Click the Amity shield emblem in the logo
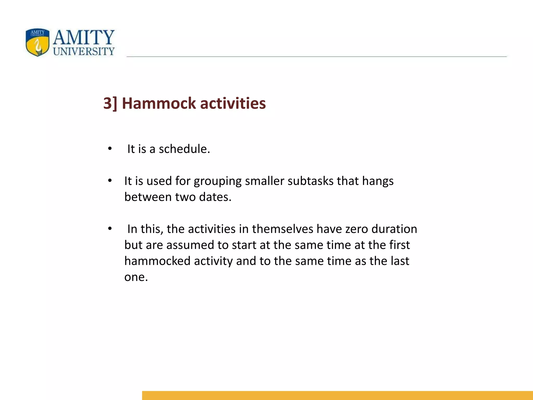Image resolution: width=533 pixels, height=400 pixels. coord(37,42)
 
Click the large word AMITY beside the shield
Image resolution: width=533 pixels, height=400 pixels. coord(84,37)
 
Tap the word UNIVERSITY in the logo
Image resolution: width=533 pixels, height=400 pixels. coord(84,51)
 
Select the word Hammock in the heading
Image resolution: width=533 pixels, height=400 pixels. coord(158,103)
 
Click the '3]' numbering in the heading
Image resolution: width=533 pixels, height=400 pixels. coord(110,103)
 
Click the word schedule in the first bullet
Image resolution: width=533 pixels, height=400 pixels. coord(184,149)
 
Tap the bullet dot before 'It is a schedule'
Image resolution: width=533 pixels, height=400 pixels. coord(110,149)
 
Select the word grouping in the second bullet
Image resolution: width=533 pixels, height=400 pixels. coord(218,181)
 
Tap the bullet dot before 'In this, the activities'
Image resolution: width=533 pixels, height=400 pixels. coord(110,229)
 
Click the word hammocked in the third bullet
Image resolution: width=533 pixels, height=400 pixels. coord(157,261)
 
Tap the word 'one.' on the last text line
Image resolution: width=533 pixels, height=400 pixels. coord(136,277)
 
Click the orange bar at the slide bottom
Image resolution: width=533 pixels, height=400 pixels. coord(337,395)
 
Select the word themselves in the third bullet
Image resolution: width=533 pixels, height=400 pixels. coord(282,229)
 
